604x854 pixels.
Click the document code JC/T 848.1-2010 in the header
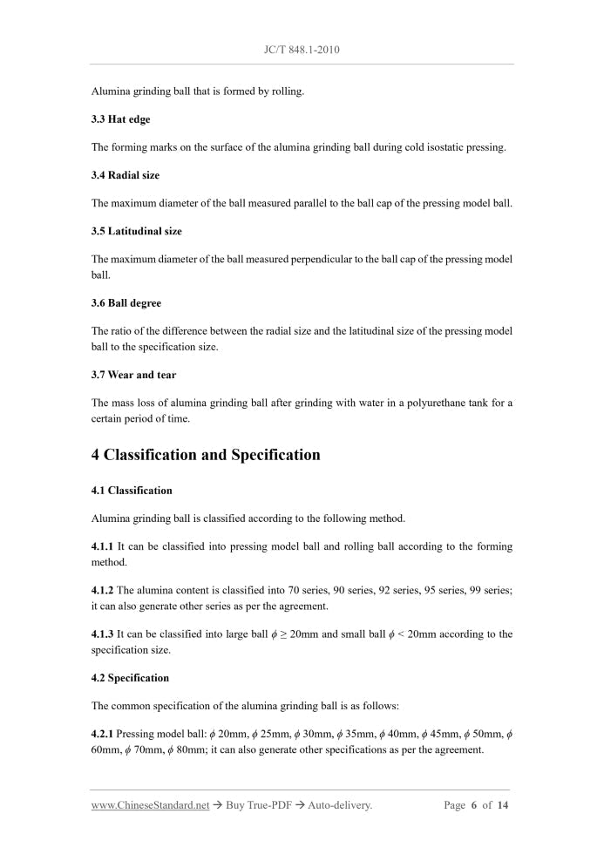point(302,50)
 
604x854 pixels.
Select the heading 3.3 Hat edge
point(120,119)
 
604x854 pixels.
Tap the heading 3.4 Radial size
point(126,175)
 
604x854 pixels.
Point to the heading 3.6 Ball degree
point(126,303)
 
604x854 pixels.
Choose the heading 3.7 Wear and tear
point(133,375)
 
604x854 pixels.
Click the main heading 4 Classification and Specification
point(206,455)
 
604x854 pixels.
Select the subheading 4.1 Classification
point(132,490)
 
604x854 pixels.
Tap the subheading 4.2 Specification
point(130,678)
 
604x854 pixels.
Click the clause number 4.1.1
point(103,546)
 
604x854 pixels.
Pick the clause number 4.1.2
point(103,590)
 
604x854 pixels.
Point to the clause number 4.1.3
point(103,634)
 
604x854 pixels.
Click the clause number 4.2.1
point(103,734)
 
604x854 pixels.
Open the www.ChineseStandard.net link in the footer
point(150,805)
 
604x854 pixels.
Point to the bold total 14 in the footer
point(503,805)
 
